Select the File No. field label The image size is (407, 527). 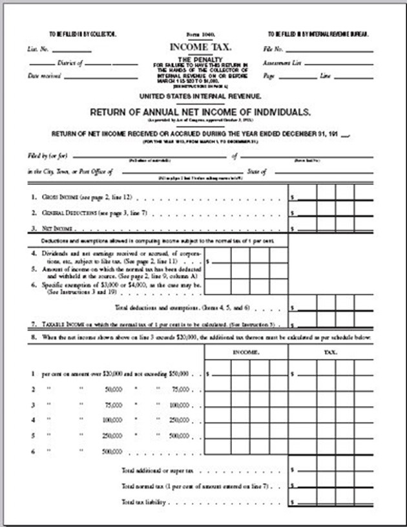(x=273, y=48)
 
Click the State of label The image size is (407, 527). (x=256, y=171)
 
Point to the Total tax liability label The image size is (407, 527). (x=144, y=502)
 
